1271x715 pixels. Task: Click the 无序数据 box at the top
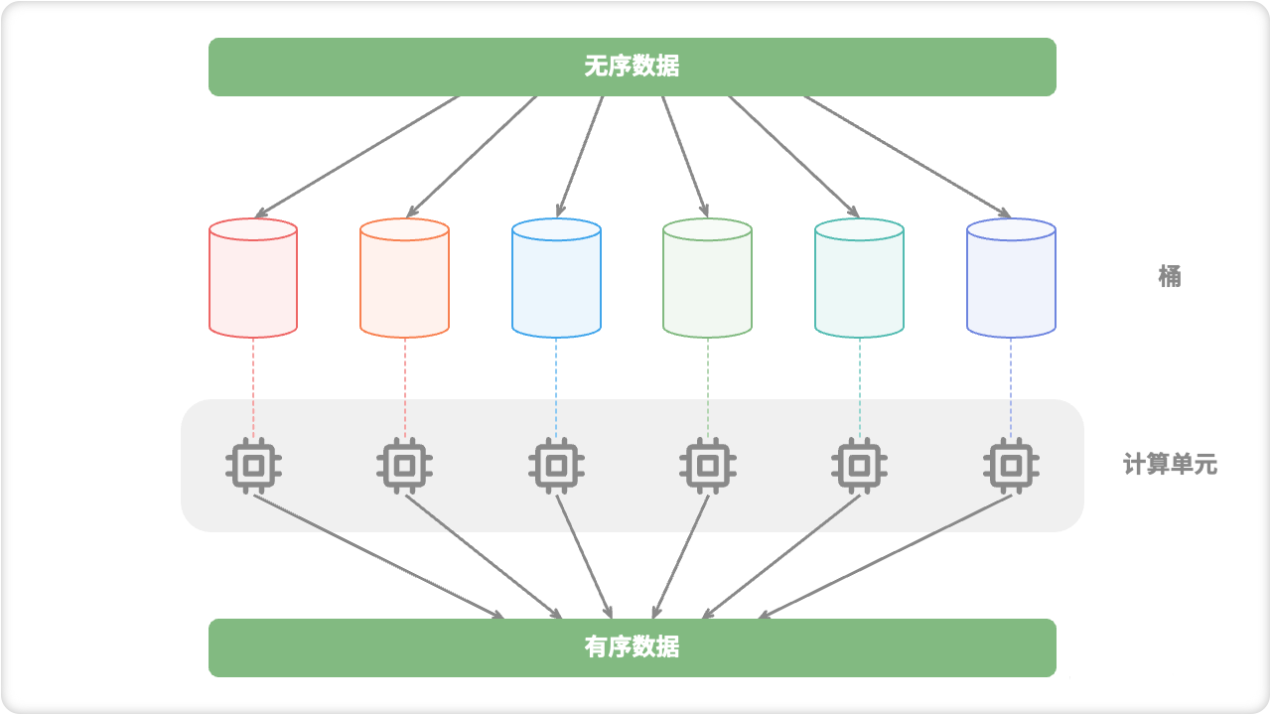click(x=632, y=67)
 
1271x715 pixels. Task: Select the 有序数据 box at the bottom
click(x=632, y=647)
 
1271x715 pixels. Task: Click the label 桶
click(x=1170, y=276)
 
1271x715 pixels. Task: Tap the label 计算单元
click(x=1170, y=464)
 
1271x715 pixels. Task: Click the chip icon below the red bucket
click(x=253, y=465)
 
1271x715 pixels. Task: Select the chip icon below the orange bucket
click(x=404, y=465)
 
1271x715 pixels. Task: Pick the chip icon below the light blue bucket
click(x=556, y=465)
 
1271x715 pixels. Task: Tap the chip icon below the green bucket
click(x=707, y=465)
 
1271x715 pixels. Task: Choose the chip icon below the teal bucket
click(x=859, y=465)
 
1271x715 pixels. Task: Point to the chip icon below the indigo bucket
click(x=1011, y=465)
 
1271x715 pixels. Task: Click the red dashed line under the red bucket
click(x=253, y=387)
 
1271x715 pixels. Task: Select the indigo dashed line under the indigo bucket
click(x=1011, y=387)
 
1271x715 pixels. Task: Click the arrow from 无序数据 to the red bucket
click(x=357, y=156)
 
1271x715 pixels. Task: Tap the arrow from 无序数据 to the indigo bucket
click(x=907, y=156)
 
